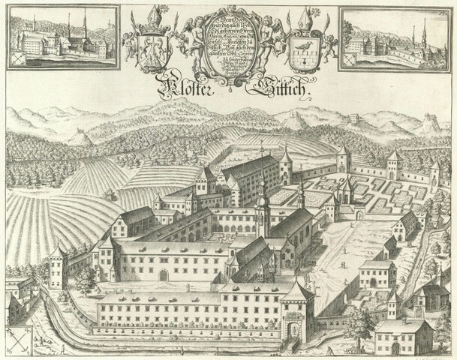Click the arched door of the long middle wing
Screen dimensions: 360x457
click(x=162, y=274)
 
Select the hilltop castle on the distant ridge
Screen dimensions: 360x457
click(x=353, y=118)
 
